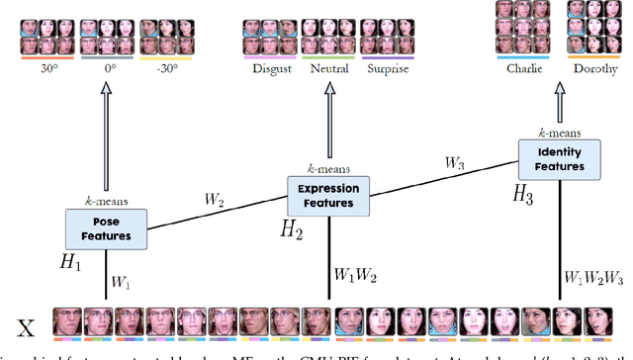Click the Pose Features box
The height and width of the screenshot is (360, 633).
(x=107, y=228)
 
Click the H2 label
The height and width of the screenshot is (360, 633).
(x=291, y=230)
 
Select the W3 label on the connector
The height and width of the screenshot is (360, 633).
(x=454, y=163)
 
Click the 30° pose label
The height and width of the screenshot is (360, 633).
(x=43, y=69)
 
